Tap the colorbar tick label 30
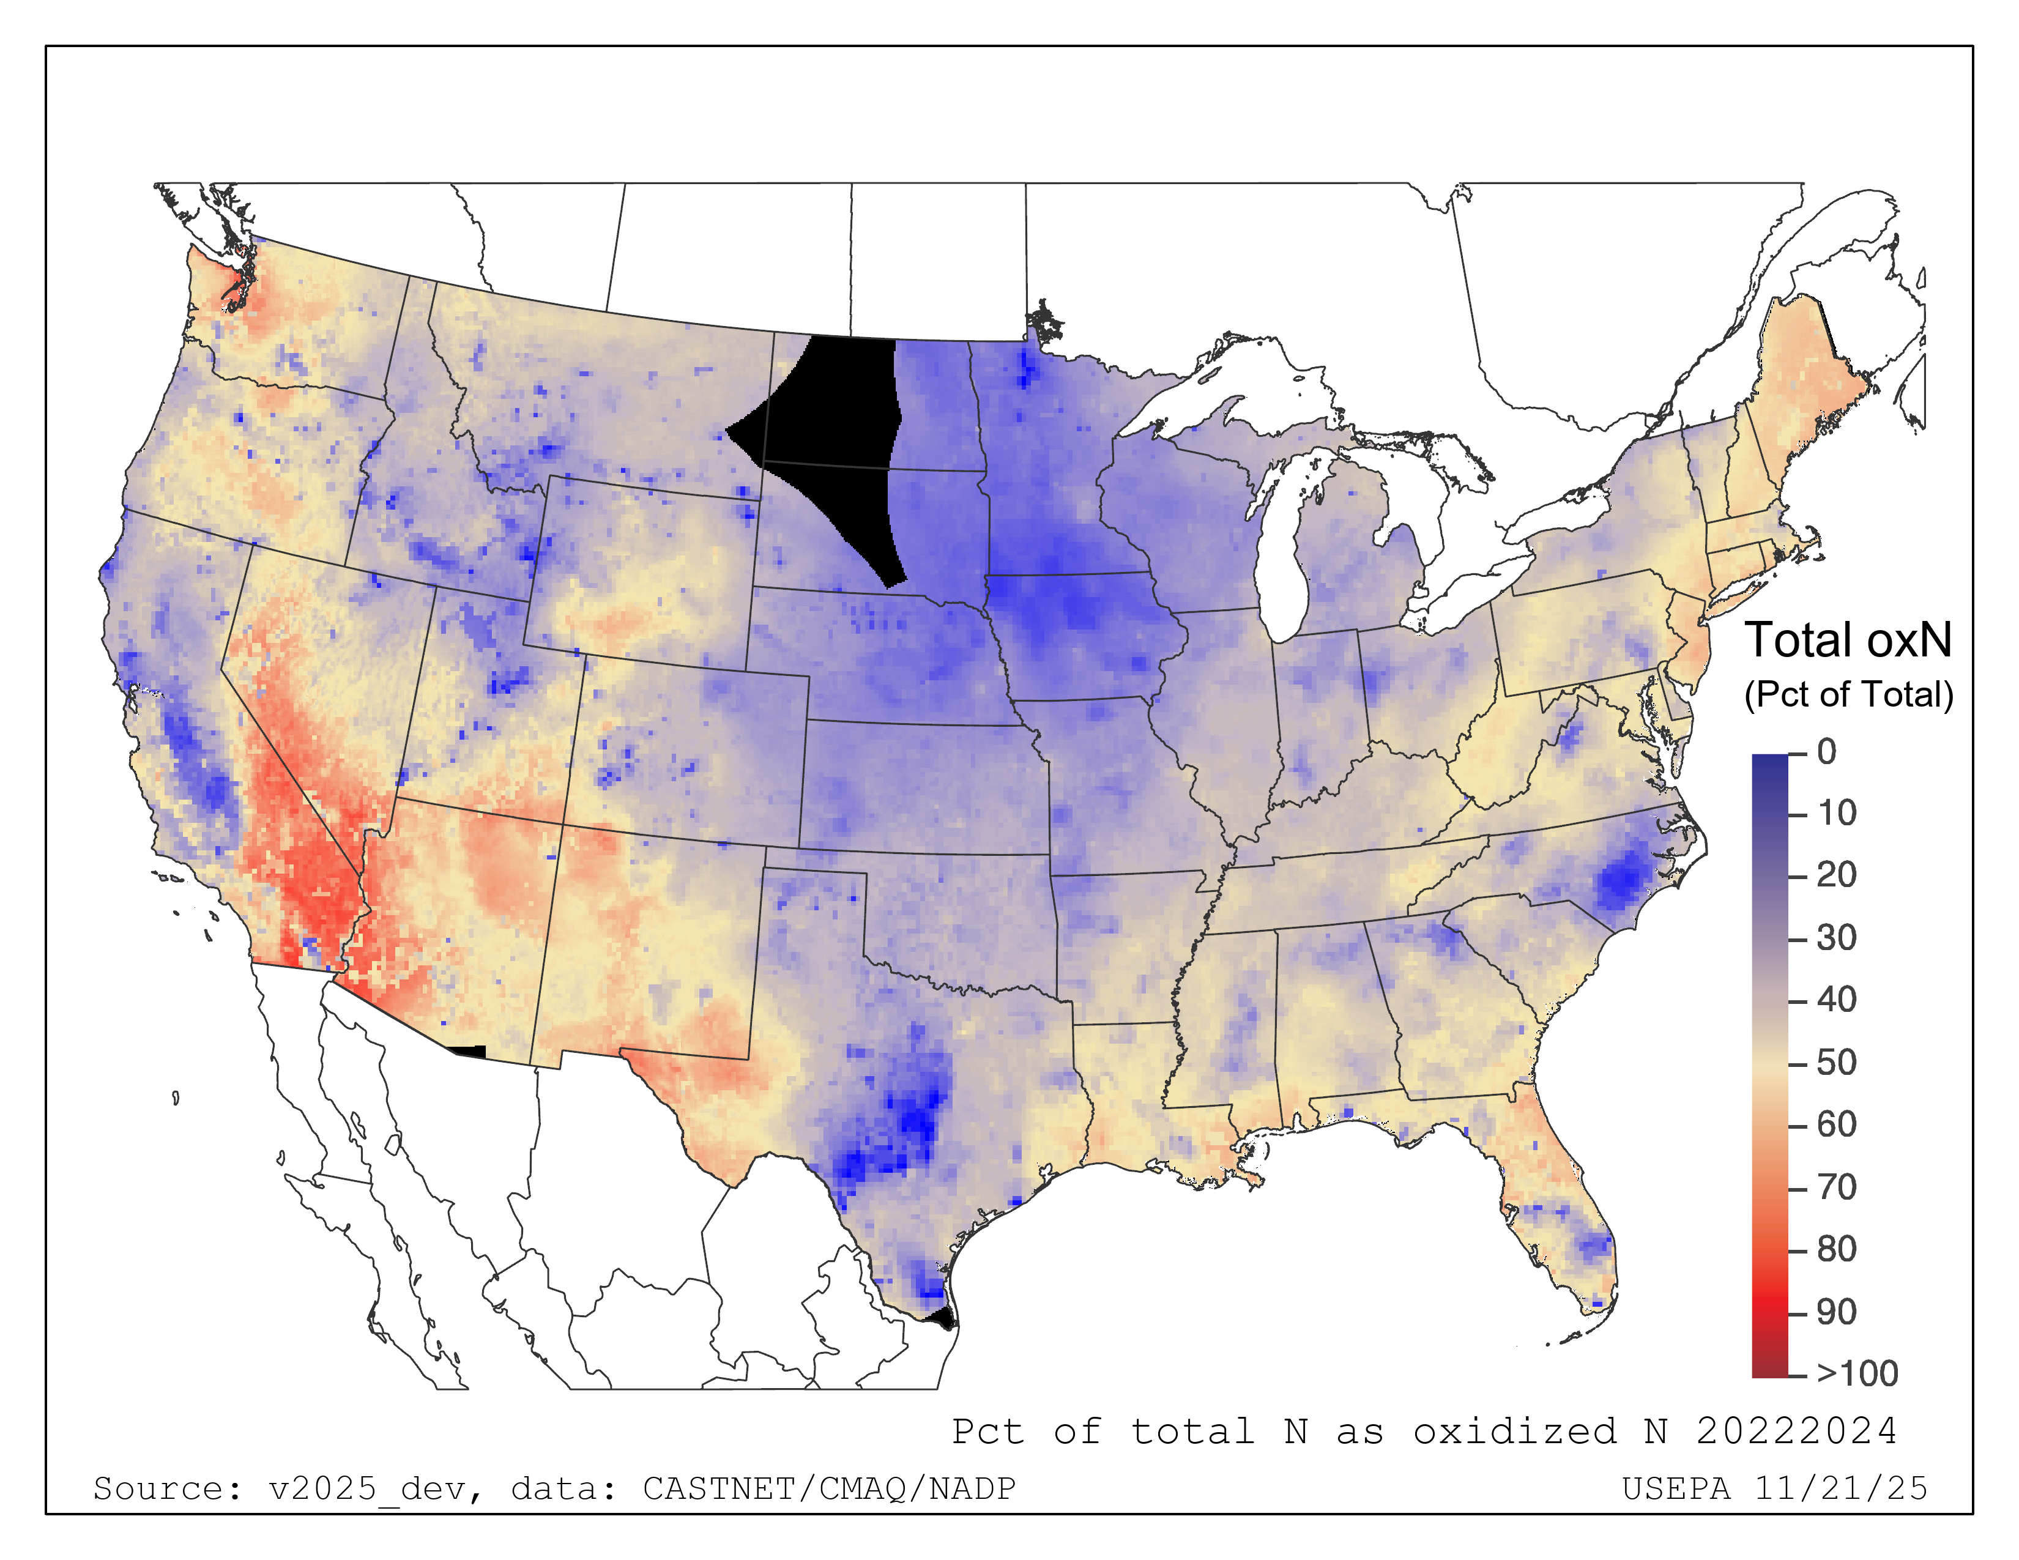1836,938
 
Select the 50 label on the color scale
1836,1063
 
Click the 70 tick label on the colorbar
1836,1187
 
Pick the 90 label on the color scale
1836,1312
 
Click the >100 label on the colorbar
1856,1374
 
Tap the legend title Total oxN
1847,641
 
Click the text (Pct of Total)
1848,694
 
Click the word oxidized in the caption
1514,1432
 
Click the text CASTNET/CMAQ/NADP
829,1489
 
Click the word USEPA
1676,1489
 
